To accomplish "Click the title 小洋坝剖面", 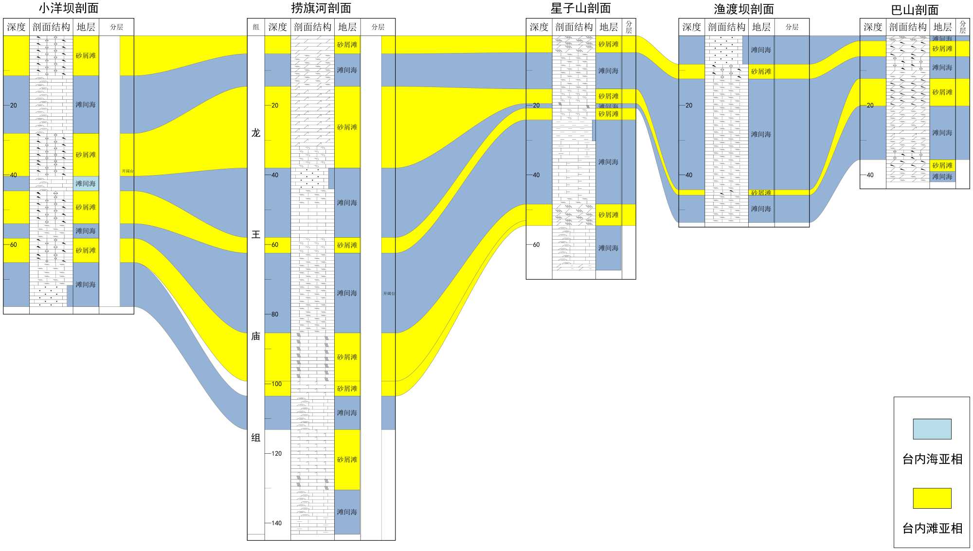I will [69, 8].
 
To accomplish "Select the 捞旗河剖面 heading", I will [321, 8].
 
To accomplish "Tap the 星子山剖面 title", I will [580, 8].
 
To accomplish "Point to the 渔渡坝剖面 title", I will [743, 9].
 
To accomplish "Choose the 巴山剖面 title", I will [915, 10].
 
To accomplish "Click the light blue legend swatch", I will [932, 429].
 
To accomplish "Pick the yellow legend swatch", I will [932, 498].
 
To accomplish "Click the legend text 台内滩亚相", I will [932, 529].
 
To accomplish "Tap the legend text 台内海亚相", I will [932, 459].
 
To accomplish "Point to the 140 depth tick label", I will [276, 523].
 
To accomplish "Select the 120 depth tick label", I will [276, 454].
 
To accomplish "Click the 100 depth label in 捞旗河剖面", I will [276, 384].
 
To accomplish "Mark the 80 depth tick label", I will [275, 315].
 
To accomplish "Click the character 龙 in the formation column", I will [256, 133].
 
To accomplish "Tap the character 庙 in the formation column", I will [256, 337].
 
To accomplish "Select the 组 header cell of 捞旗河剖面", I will [256, 27].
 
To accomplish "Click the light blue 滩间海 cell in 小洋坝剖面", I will [86, 184].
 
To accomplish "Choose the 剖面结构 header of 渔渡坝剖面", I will [726, 27].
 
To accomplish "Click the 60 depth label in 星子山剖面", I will [536, 245].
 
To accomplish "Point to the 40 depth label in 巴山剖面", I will [870, 175].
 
